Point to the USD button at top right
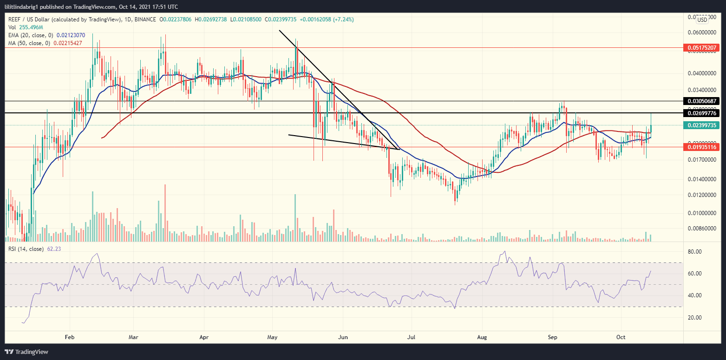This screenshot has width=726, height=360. click(x=702, y=20)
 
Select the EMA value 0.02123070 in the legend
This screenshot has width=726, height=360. click(x=71, y=35)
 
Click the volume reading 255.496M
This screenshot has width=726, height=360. click(x=30, y=27)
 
